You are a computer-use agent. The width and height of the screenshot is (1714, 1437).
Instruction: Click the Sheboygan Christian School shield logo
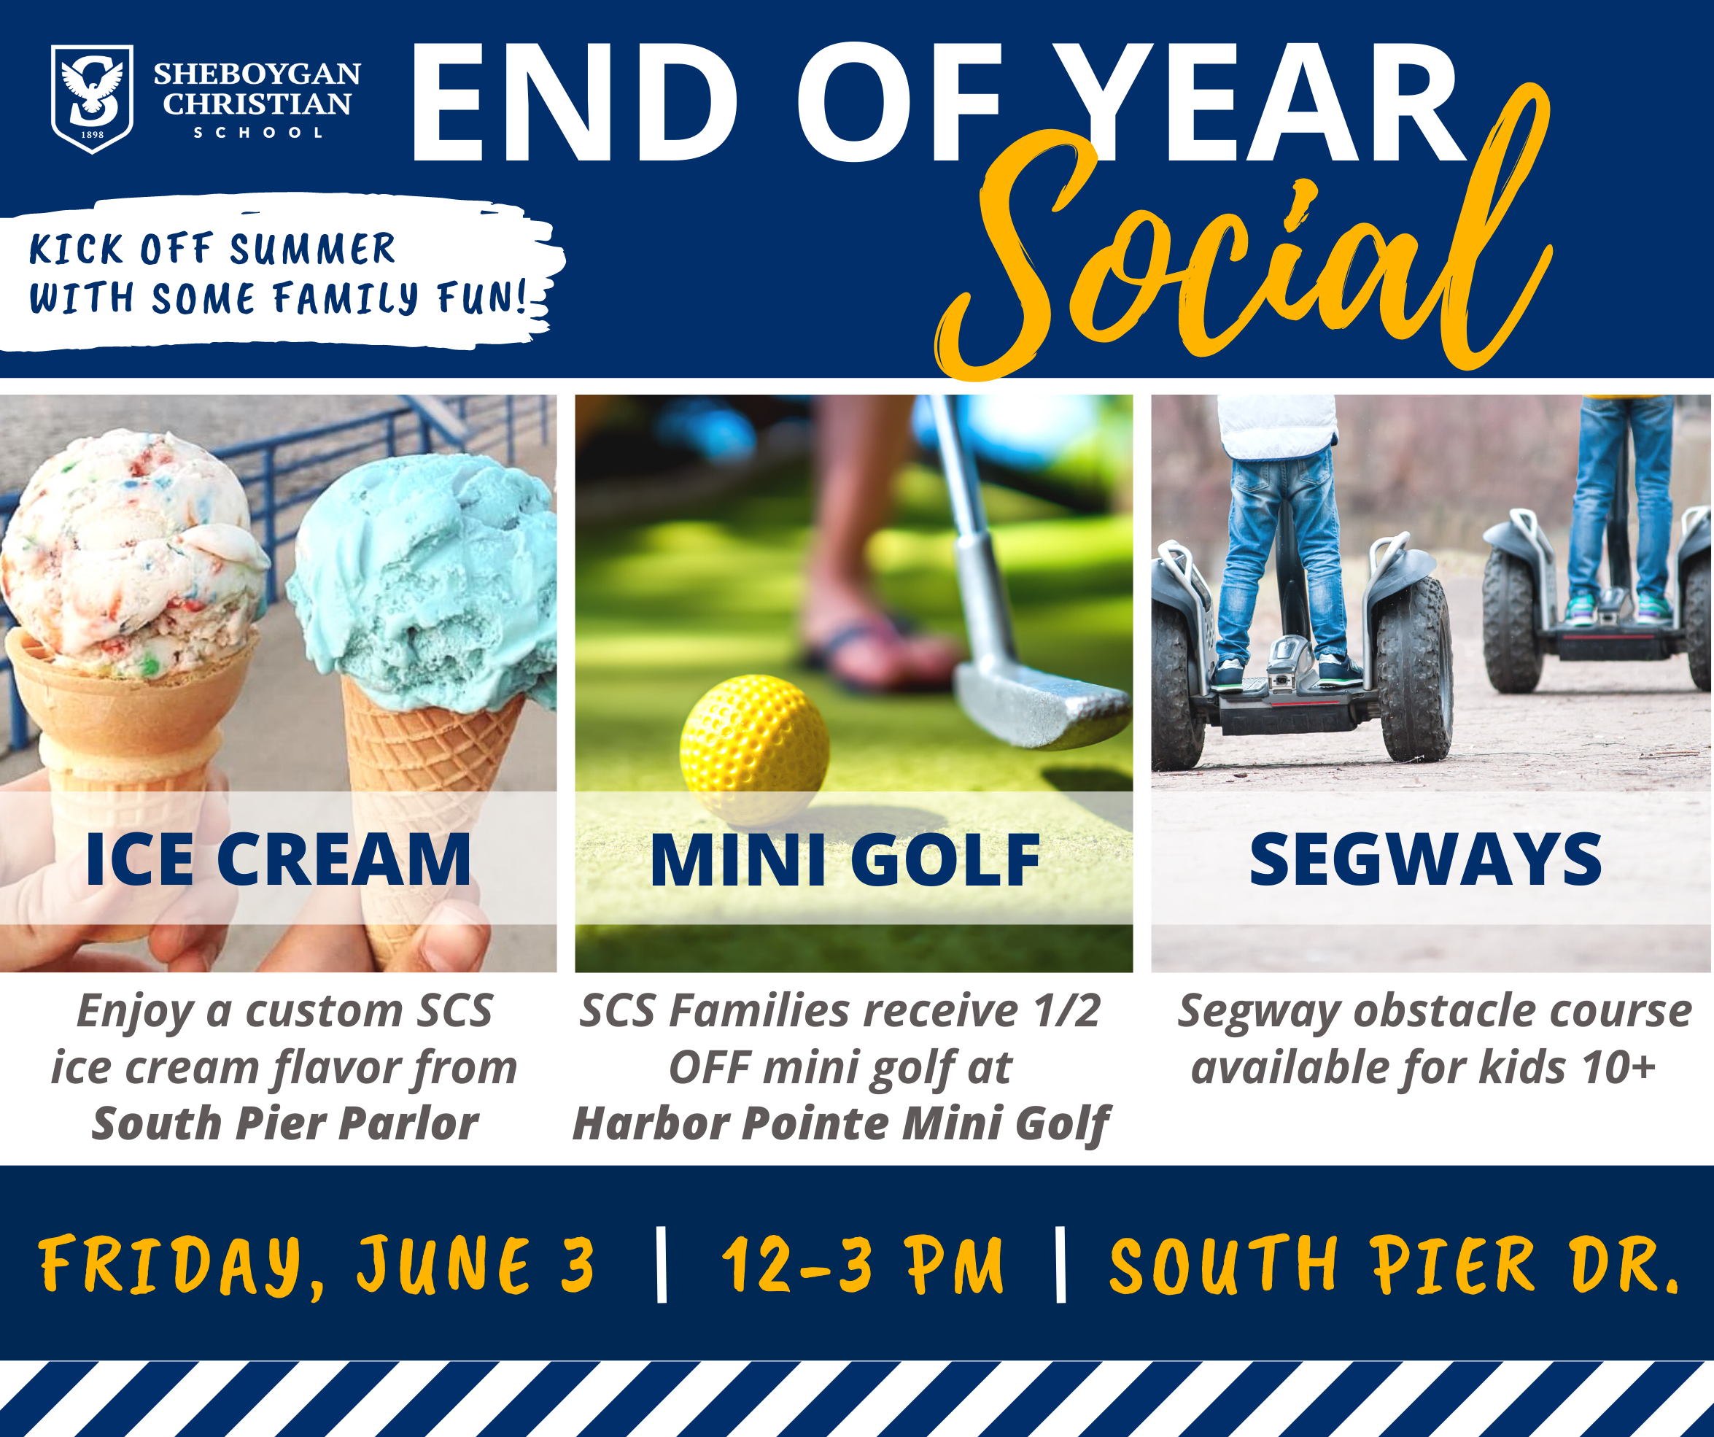pos(92,98)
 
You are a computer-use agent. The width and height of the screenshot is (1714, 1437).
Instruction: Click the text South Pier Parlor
pos(285,1123)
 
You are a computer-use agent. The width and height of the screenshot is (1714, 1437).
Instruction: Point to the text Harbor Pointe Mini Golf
pos(841,1125)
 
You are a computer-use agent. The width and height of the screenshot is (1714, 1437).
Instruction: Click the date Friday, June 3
pos(317,1265)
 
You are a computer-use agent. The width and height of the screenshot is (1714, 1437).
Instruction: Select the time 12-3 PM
pos(862,1265)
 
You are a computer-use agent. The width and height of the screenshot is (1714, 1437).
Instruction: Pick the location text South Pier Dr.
pos(1394,1265)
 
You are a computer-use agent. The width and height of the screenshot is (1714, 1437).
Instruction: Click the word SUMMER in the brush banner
pos(313,249)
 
